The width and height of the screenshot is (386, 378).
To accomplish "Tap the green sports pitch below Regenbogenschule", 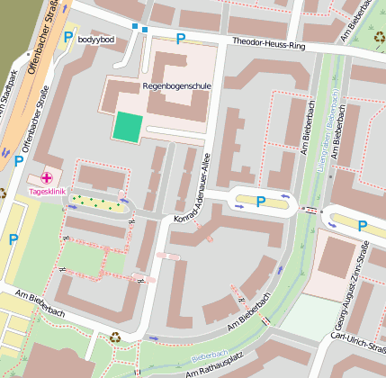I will click(x=127, y=127).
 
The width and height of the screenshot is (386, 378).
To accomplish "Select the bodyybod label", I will click(x=97, y=40).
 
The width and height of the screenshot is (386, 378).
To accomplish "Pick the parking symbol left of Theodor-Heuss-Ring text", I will click(x=180, y=39).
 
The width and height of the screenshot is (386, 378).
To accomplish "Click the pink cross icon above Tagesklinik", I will click(x=47, y=179).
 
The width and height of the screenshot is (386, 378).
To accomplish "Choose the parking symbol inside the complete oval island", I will click(x=261, y=202).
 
